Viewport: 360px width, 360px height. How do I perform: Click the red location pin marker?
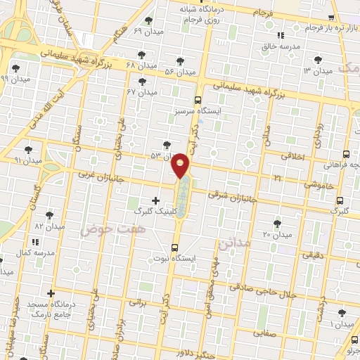(181, 166)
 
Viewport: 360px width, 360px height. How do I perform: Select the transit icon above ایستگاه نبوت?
(174, 247)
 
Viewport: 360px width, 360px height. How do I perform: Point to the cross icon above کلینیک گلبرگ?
(155, 200)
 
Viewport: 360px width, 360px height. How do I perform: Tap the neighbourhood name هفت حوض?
(112, 229)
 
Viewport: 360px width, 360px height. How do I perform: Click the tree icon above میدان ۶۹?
(147, 20)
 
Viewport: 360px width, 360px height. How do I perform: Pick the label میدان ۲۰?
(276, 233)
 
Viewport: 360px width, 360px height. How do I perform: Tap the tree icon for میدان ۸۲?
(49, 216)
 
